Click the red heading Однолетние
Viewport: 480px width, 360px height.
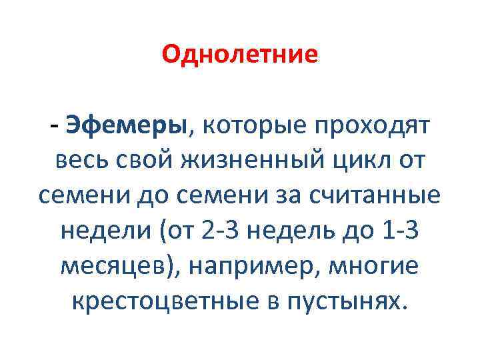pyautogui.click(x=240, y=54)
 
